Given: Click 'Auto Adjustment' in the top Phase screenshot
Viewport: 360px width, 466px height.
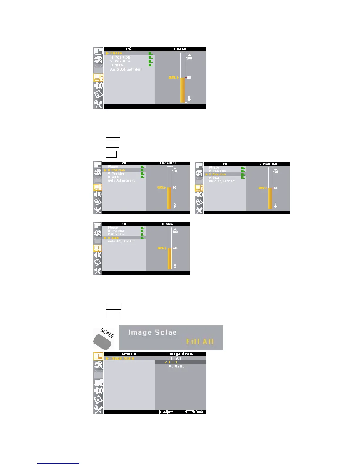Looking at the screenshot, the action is (126, 69).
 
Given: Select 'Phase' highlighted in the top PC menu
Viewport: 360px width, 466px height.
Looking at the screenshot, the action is (116, 53).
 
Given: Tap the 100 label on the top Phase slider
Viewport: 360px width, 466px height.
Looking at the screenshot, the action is (189, 58).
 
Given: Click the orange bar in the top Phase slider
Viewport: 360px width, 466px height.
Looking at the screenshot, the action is (182, 90).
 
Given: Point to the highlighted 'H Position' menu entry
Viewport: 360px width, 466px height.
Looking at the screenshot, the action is (116, 170).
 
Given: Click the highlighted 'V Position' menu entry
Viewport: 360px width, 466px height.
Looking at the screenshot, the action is (217, 174).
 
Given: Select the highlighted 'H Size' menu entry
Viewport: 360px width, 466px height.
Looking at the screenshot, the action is (113, 238).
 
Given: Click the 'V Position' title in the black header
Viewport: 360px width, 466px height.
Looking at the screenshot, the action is (268, 164).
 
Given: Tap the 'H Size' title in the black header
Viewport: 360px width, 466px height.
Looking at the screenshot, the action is (167, 224).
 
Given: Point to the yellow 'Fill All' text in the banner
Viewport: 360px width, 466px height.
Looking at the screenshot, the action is (200, 342).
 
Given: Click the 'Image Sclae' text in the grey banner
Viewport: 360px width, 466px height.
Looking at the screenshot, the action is (152, 333).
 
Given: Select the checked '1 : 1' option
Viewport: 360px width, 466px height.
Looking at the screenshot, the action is (173, 362).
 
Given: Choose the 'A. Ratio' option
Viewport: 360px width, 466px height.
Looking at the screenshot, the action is (176, 367).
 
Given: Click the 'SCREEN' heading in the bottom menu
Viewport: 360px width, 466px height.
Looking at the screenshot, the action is (129, 354).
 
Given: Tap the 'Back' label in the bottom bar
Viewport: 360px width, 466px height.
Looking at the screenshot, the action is (199, 412).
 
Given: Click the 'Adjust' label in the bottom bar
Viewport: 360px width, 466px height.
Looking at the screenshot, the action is (168, 412).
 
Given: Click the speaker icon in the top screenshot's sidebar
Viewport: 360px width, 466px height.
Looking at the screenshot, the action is (98, 86).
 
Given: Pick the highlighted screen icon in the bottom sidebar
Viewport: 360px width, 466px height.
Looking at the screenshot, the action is (98, 356).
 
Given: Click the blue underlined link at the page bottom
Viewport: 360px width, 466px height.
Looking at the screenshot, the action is (58, 463).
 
